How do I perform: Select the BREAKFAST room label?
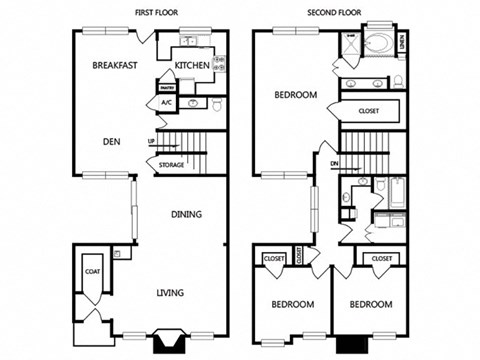(x=114, y=66)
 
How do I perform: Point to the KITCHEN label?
(x=192, y=66)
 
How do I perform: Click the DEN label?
(x=111, y=141)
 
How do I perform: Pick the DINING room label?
(x=186, y=214)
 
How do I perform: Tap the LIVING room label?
(x=173, y=293)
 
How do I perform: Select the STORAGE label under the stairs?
(x=171, y=165)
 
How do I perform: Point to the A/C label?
(x=166, y=103)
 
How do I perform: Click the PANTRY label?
(x=166, y=87)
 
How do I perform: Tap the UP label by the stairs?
(x=151, y=141)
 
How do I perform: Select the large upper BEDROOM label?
(x=296, y=96)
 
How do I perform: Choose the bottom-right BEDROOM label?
(x=371, y=304)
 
